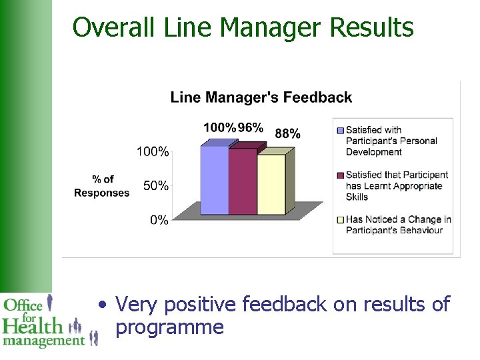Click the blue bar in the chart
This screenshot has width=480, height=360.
(x=214, y=180)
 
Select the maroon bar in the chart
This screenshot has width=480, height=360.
(x=242, y=181)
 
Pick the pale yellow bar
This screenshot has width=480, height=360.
(x=271, y=185)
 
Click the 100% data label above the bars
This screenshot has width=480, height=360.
(x=219, y=127)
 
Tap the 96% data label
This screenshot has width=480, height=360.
(x=251, y=127)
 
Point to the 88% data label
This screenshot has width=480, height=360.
(x=287, y=134)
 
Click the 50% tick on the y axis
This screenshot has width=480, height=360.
(x=155, y=185)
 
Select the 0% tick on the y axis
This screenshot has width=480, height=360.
(x=159, y=219)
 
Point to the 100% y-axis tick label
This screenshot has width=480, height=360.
(x=153, y=151)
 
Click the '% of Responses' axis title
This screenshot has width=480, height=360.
(x=102, y=186)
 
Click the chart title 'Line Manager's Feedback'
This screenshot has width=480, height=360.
(x=261, y=97)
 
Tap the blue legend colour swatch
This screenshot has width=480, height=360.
(x=341, y=130)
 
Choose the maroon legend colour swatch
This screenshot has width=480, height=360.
(x=341, y=175)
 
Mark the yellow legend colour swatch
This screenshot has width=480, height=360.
(x=341, y=219)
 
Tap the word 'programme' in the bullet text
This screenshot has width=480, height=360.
(x=169, y=327)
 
